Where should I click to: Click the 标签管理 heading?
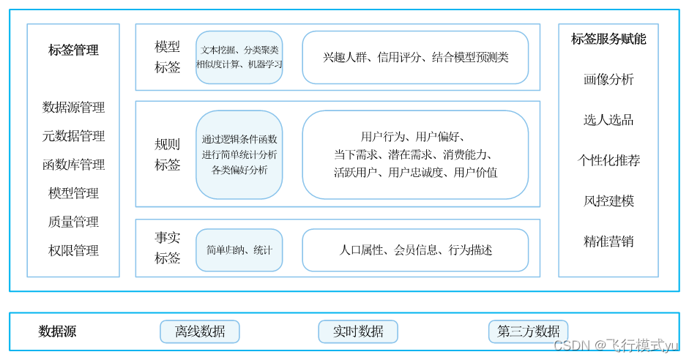(73, 50)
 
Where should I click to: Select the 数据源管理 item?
(73, 108)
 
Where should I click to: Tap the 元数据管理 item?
(73, 136)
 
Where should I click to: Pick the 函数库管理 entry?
(73, 165)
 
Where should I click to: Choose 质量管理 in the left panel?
(73, 222)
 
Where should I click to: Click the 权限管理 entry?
(73, 250)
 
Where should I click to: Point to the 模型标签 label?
(167, 57)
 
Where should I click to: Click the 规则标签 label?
(167, 154)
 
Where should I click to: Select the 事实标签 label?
(167, 248)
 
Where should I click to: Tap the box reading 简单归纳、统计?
(239, 250)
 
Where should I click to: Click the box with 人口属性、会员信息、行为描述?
(415, 250)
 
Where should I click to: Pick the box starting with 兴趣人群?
(415, 57)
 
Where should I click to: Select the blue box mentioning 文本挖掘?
(239, 57)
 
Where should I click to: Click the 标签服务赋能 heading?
(608, 40)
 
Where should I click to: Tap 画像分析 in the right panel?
(608, 80)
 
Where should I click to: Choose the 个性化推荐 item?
(608, 160)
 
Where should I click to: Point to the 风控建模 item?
(608, 200)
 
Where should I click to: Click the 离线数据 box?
(200, 331)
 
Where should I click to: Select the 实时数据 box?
(358, 331)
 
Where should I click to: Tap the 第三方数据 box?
(528, 331)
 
